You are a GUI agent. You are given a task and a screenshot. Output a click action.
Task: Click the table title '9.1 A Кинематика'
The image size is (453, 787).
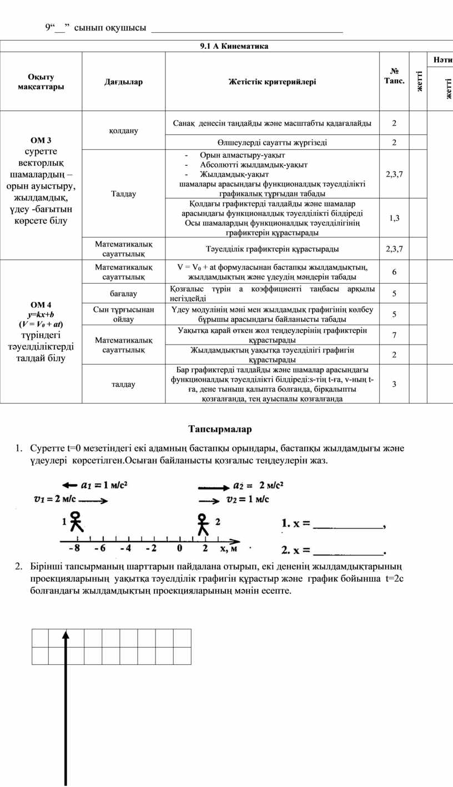[x=234, y=46]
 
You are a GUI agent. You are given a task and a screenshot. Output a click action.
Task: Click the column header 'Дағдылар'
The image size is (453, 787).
[x=123, y=82]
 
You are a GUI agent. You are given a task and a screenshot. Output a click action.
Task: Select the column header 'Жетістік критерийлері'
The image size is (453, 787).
[x=272, y=82]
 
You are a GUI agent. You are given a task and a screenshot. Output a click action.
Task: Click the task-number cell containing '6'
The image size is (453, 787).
[x=394, y=272]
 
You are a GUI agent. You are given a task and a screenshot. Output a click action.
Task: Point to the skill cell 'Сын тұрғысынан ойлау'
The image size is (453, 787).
[x=123, y=314]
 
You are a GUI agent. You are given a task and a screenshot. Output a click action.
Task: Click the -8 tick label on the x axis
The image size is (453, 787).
[x=74, y=549]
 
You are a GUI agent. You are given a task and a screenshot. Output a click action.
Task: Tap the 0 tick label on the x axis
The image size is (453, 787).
[x=179, y=549]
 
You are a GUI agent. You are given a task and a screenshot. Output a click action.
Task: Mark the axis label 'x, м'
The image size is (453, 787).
[x=229, y=549]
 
